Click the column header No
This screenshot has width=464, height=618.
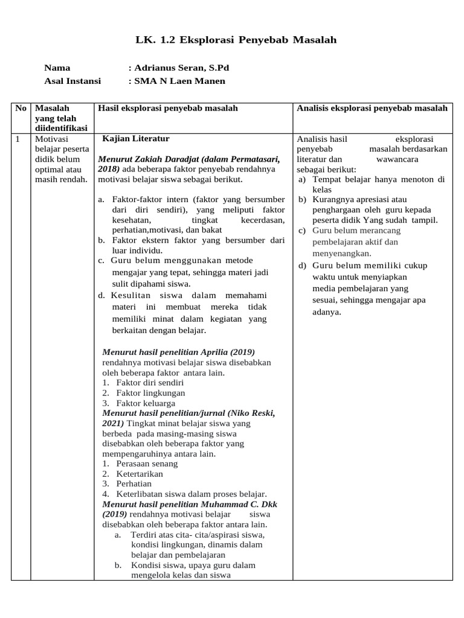point(21,108)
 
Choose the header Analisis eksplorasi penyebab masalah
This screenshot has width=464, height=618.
point(372,108)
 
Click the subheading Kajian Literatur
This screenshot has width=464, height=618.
point(136,139)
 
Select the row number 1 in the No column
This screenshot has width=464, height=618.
point(19,139)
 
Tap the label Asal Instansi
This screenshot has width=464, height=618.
point(73,81)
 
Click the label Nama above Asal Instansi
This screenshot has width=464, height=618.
point(57,68)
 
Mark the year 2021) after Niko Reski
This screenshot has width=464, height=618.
point(114,423)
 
